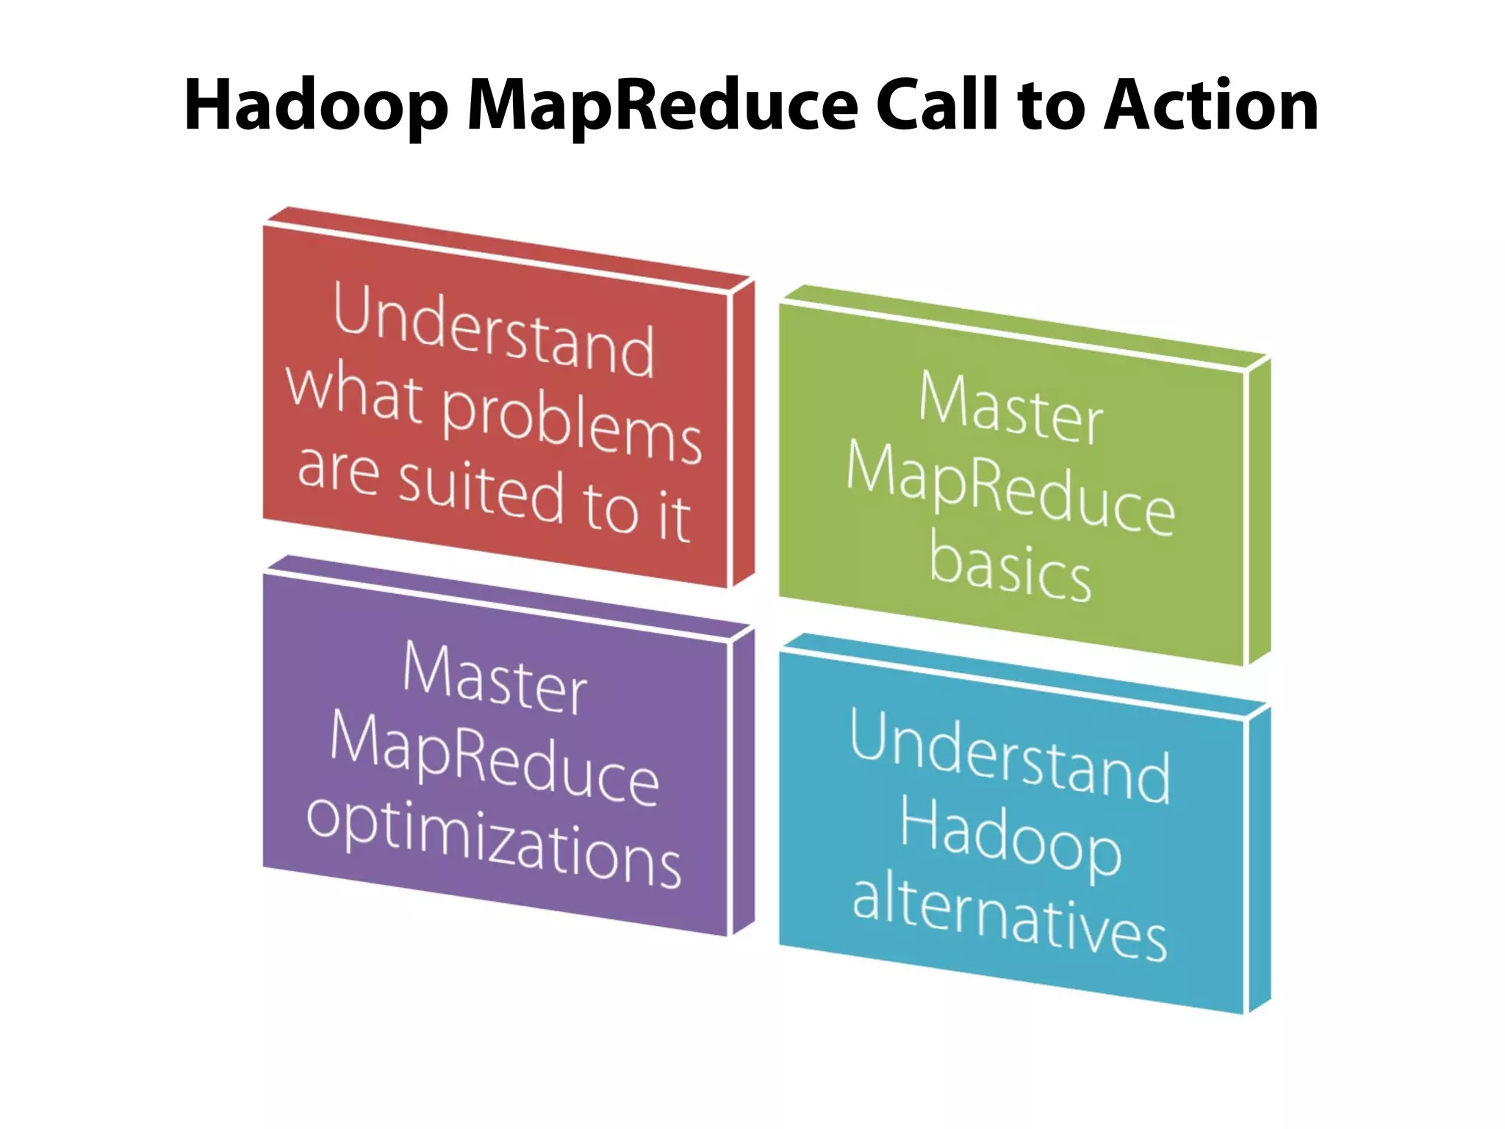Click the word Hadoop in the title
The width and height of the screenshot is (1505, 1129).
[316, 107]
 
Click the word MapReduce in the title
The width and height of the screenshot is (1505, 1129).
[662, 107]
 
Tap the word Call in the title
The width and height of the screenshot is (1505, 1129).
[941, 105]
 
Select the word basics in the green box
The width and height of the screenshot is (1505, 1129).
[1010, 572]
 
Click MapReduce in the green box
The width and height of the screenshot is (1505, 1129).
[1010, 489]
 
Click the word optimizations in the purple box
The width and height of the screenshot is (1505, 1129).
[494, 844]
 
